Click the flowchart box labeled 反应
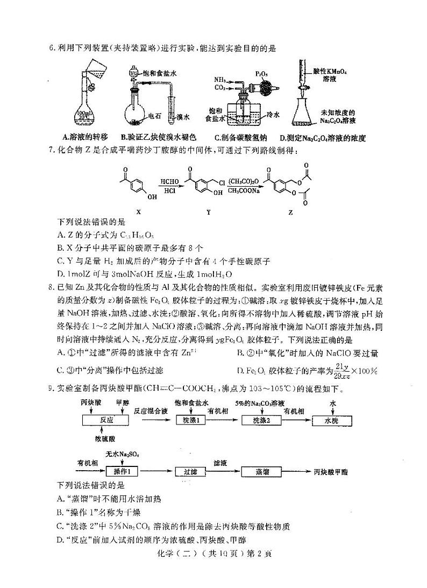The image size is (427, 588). (x=105, y=420)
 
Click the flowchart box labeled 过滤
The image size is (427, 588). (x=190, y=472)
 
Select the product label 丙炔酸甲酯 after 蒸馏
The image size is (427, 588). (x=330, y=472)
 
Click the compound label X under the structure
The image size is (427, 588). (x=138, y=212)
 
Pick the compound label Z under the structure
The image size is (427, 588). (x=291, y=212)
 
